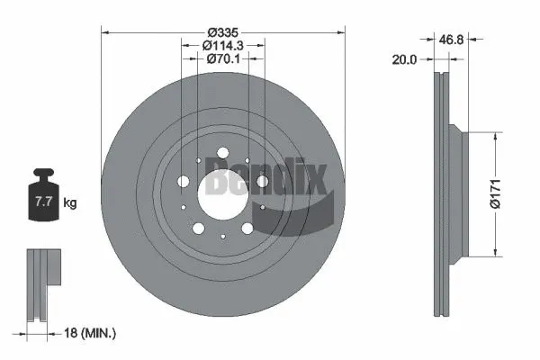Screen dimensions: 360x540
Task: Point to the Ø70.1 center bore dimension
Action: click(222, 58)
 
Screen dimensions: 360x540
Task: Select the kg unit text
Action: click(70, 203)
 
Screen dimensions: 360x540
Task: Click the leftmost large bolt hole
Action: click(184, 183)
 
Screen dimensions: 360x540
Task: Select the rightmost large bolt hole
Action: click(262, 183)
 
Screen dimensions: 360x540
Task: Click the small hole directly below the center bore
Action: click(222, 235)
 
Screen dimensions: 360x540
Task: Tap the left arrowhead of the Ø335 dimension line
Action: click(105, 32)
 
